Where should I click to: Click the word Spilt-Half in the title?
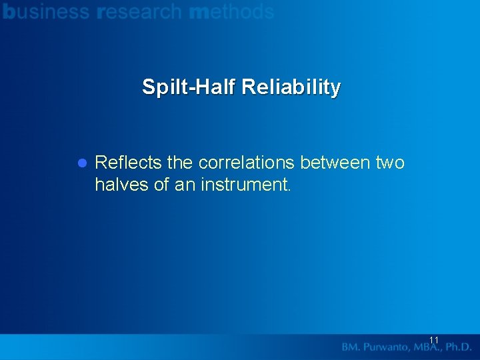pos(189,87)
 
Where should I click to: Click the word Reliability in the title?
pos(291,87)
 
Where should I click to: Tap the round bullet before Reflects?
pos(83,163)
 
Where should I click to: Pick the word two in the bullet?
pos(391,163)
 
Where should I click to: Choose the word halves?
pos(122,185)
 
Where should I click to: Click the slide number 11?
pos(434,341)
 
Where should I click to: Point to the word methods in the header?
pos(231,11)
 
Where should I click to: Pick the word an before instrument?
pos(184,185)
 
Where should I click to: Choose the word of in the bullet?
pos(161,185)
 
